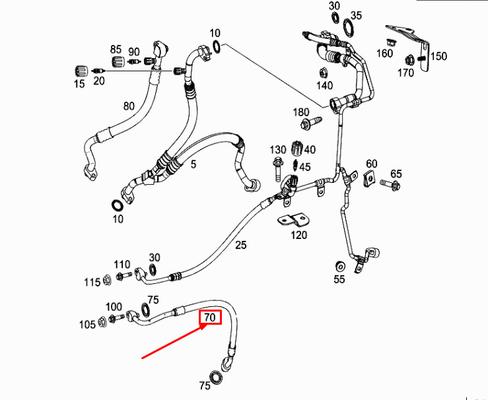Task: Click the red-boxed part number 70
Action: click(210, 317)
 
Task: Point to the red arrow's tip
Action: click(207, 324)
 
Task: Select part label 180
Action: click(301, 112)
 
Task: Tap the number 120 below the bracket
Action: click(298, 235)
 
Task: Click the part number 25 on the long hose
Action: click(240, 245)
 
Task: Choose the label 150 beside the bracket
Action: click(438, 56)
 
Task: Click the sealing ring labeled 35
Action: click(349, 27)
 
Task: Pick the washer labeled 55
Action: click(340, 267)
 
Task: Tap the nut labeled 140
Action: click(323, 73)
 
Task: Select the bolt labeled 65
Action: click(390, 185)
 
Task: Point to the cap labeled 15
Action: click(81, 71)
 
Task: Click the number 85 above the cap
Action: click(116, 49)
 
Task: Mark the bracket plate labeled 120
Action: click(294, 220)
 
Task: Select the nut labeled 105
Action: click(102, 321)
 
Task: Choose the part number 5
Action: click(193, 164)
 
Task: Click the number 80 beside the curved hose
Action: click(129, 106)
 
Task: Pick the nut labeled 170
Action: click(409, 59)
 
